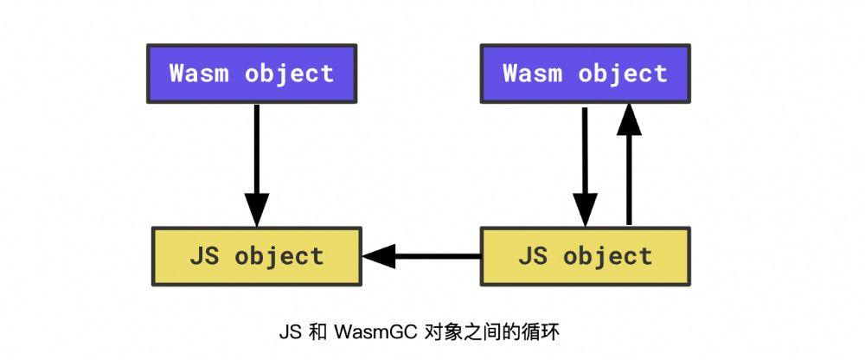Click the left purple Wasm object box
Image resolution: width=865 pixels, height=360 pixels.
pyautogui.click(x=252, y=74)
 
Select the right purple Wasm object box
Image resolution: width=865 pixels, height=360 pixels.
pyautogui.click(x=586, y=74)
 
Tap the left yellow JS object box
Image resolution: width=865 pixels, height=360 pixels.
pyautogui.click(x=257, y=256)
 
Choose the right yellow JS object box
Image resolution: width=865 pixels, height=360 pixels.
pyautogui.click(x=586, y=256)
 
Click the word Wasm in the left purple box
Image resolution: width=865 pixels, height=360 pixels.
pyautogui.click(x=199, y=73)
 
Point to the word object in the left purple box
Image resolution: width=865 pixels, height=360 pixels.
pyautogui.click(x=290, y=74)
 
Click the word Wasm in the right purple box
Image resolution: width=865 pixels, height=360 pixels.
pyautogui.click(x=532, y=73)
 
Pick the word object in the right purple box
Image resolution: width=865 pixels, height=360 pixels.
pyautogui.click(x=623, y=74)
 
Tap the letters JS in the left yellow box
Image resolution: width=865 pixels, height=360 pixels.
pyautogui.click(x=204, y=256)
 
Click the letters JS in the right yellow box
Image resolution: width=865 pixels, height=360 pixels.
pyautogui.click(x=532, y=256)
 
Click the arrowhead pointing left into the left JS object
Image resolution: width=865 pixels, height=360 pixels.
pyautogui.click(x=379, y=256)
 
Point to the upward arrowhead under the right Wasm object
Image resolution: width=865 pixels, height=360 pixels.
pyautogui.click(x=629, y=119)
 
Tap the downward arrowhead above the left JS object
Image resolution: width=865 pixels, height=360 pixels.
pyautogui.click(x=257, y=209)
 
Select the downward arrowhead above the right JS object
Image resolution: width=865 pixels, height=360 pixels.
pyautogui.click(x=585, y=209)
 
